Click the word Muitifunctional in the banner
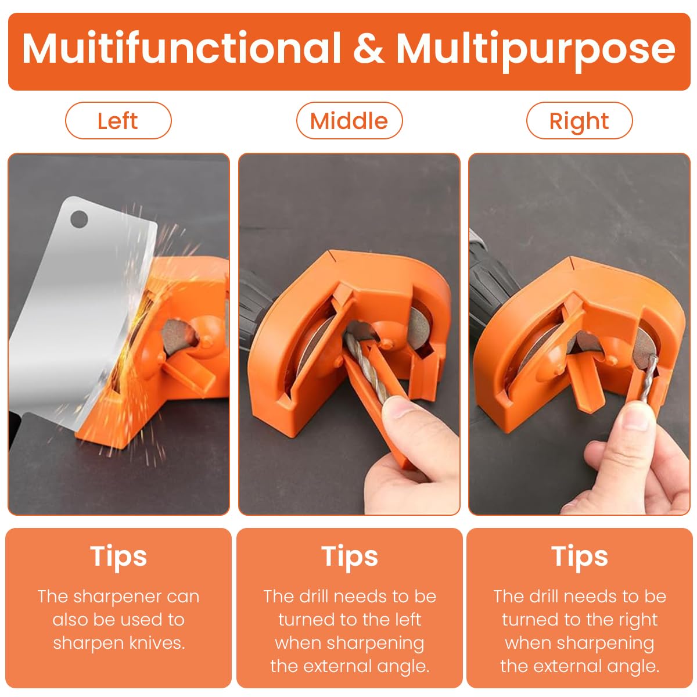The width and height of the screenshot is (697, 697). pos(181,48)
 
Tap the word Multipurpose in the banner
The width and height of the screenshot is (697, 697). pos(536,51)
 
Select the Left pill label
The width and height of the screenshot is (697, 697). pos(118,120)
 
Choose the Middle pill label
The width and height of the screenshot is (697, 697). pos(349,120)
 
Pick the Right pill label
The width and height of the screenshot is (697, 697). pos(579,120)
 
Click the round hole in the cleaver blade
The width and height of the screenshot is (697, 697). pos(79,219)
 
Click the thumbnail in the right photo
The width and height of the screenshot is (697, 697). pos(635,417)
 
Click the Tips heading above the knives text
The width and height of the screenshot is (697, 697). pos(118,556)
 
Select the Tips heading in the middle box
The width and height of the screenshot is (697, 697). pos(350,556)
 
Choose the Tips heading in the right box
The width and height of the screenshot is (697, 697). pos(580,556)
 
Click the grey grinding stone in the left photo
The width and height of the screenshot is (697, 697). pos(177,336)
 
